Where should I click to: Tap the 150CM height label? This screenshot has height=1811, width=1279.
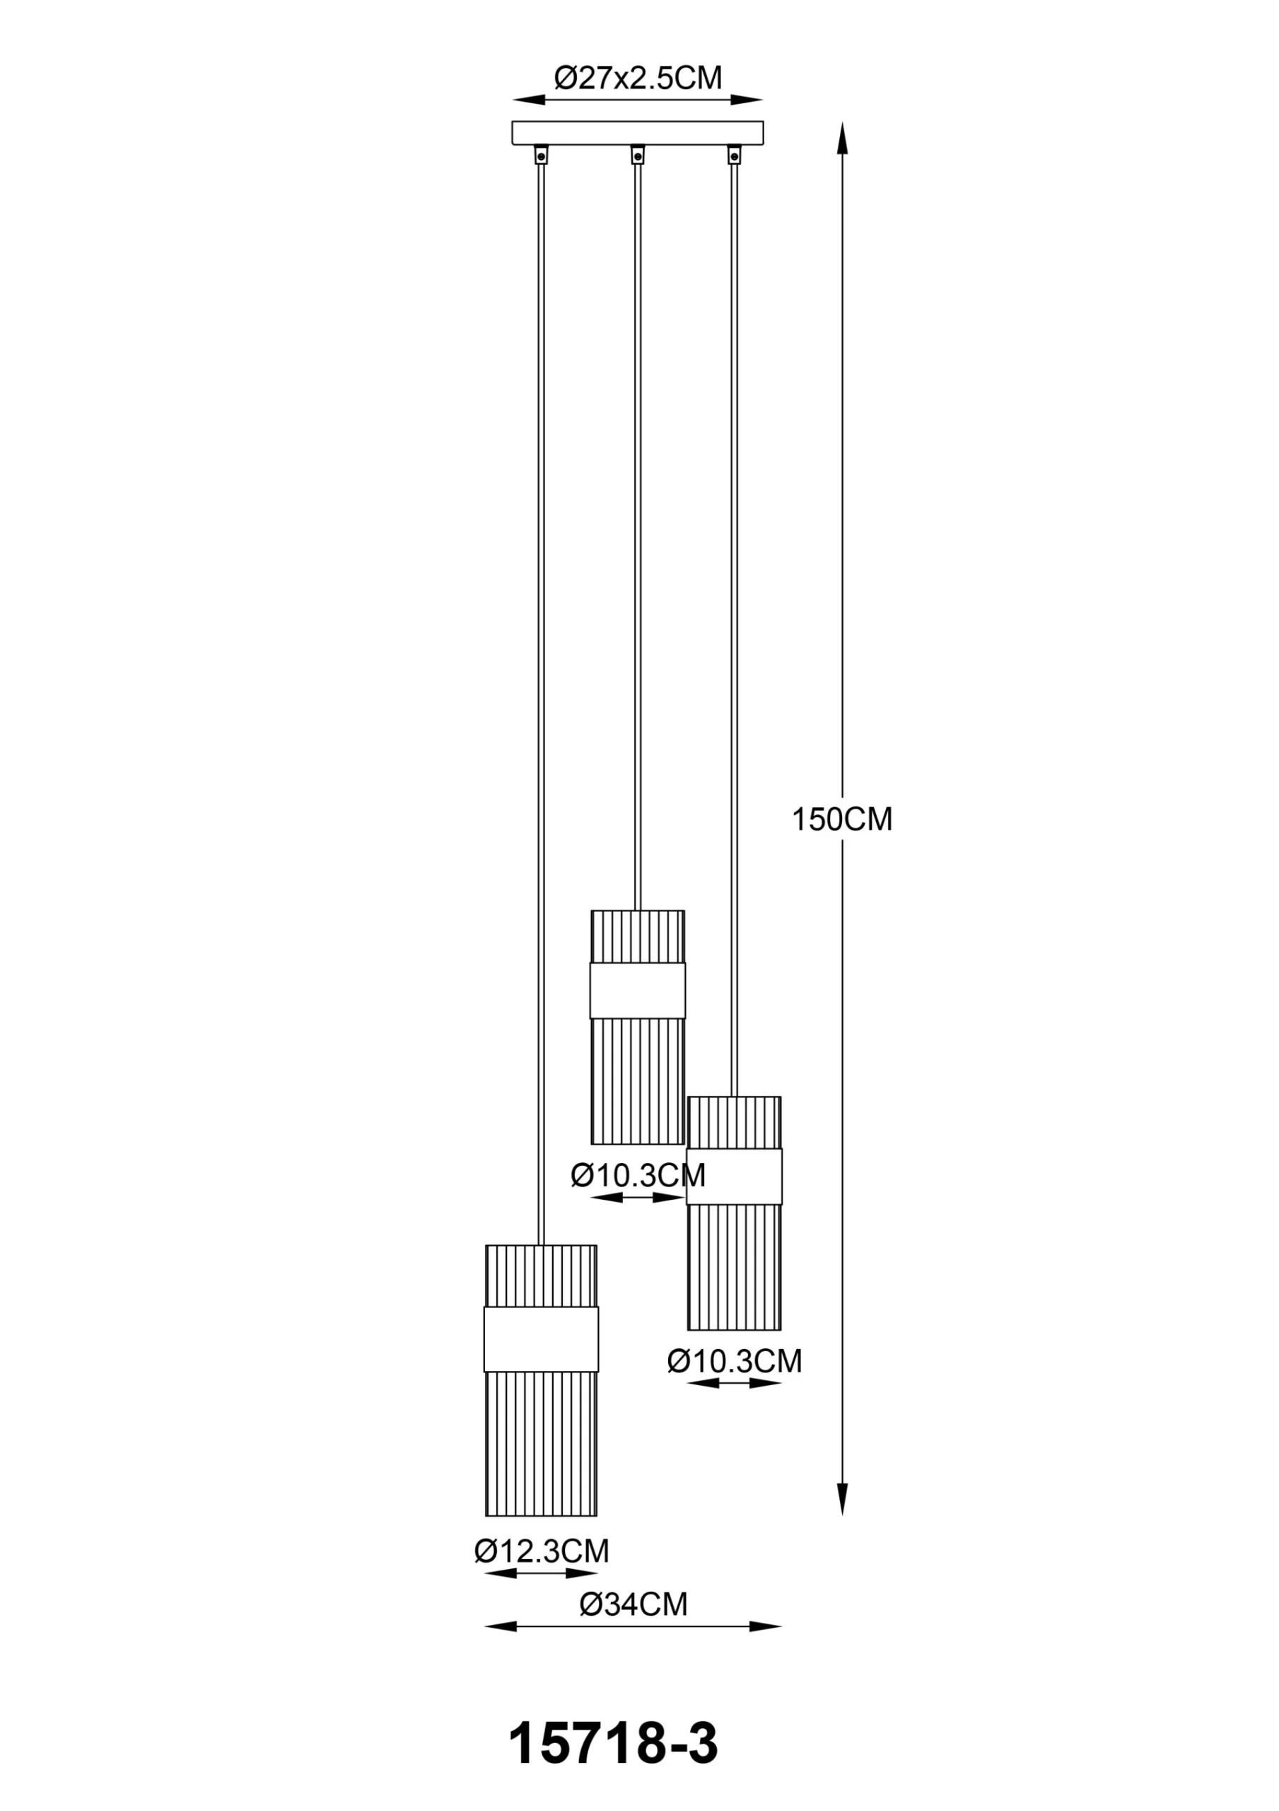tap(841, 821)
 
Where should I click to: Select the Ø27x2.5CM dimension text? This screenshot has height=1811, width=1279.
tap(637, 78)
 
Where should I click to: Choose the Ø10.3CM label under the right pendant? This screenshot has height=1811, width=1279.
tap(734, 1361)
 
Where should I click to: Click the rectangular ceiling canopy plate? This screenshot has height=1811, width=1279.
tap(637, 132)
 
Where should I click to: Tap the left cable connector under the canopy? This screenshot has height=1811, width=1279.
tap(541, 155)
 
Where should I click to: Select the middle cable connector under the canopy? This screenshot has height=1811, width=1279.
tap(637, 155)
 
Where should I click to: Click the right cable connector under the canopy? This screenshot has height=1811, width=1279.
tap(734, 155)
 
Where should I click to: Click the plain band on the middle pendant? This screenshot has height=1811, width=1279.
tap(637, 990)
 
